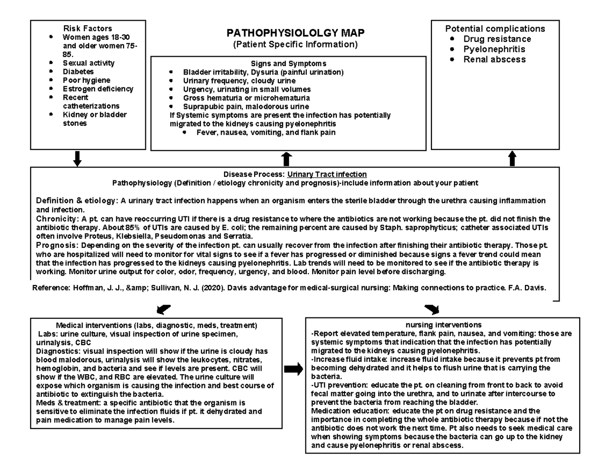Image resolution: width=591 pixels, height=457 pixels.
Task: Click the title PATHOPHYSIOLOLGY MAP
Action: [x=295, y=34]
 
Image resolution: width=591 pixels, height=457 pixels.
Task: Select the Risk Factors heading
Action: [x=87, y=29]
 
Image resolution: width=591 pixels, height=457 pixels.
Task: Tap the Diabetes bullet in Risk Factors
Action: [x=76, y=71]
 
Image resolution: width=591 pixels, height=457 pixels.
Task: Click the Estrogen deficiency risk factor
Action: [x=98, y=89]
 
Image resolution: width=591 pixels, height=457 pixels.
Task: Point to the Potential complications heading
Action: [x=495, y=29]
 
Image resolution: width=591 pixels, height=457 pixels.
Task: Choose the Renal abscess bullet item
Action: [x=494, y=60]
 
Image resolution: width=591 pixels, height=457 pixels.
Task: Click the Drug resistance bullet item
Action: [x=497, y=39]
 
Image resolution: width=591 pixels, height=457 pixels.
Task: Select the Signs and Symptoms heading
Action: [x=288, y=64]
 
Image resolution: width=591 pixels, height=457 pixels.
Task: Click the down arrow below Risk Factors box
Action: [x=77, y=159]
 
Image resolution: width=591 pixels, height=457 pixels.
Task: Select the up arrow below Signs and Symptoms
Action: [x=287, y=159]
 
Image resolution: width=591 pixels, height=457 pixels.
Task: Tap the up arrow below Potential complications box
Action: [x=512, y=159]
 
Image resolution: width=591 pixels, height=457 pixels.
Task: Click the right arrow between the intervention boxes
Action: [x=294, y=370]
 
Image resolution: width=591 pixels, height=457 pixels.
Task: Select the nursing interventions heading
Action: [x=443, y=325]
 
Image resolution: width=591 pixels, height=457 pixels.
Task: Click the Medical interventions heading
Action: [x=157, y=325]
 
